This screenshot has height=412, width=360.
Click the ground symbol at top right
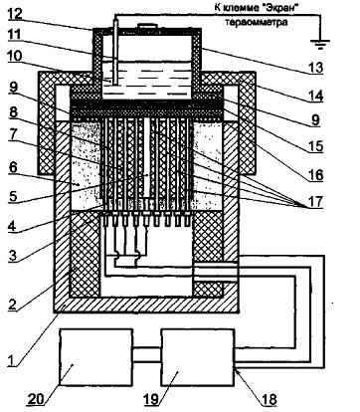click(x=320, y=44)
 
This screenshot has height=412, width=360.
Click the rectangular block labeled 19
click(x=197, y=357)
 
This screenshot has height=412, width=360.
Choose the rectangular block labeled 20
click(x=95, y=357)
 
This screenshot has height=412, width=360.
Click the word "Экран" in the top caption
click(x=278, y=8)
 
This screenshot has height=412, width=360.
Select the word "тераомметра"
click(x=257, y=23)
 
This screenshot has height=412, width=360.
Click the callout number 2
click(x=12, y=305)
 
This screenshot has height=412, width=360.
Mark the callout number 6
click(x=12, y=168)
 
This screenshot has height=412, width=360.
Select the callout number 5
click(x=12, y=195)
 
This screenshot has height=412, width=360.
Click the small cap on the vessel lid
click(x=146, y=26)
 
